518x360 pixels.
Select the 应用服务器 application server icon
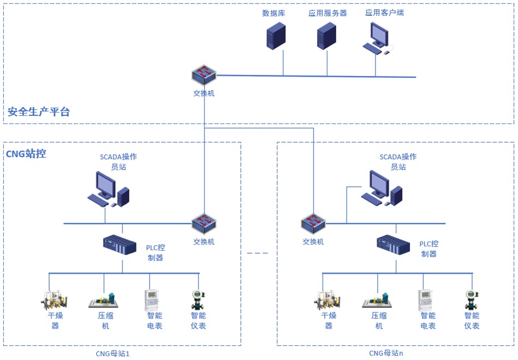pyautogui.click(x=326, y=37)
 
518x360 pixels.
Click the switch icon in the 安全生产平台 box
pyautogui.click(x=204, y=75)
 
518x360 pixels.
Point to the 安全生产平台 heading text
pyautogui.click(x=39, y=113)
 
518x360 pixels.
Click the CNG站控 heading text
pyautogui.click(x=26, y=154)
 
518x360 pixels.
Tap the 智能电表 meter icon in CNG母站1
pyautogui.click(x=153, y=300)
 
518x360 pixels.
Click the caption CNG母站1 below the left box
pyautogui.click(x=113, y=353)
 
